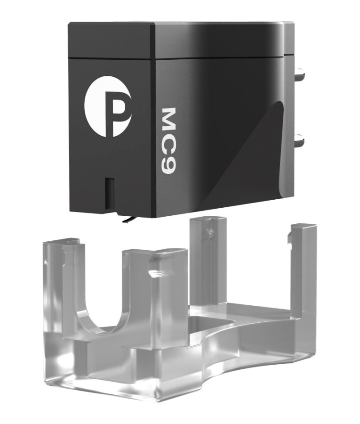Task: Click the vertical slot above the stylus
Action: [109, 194]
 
